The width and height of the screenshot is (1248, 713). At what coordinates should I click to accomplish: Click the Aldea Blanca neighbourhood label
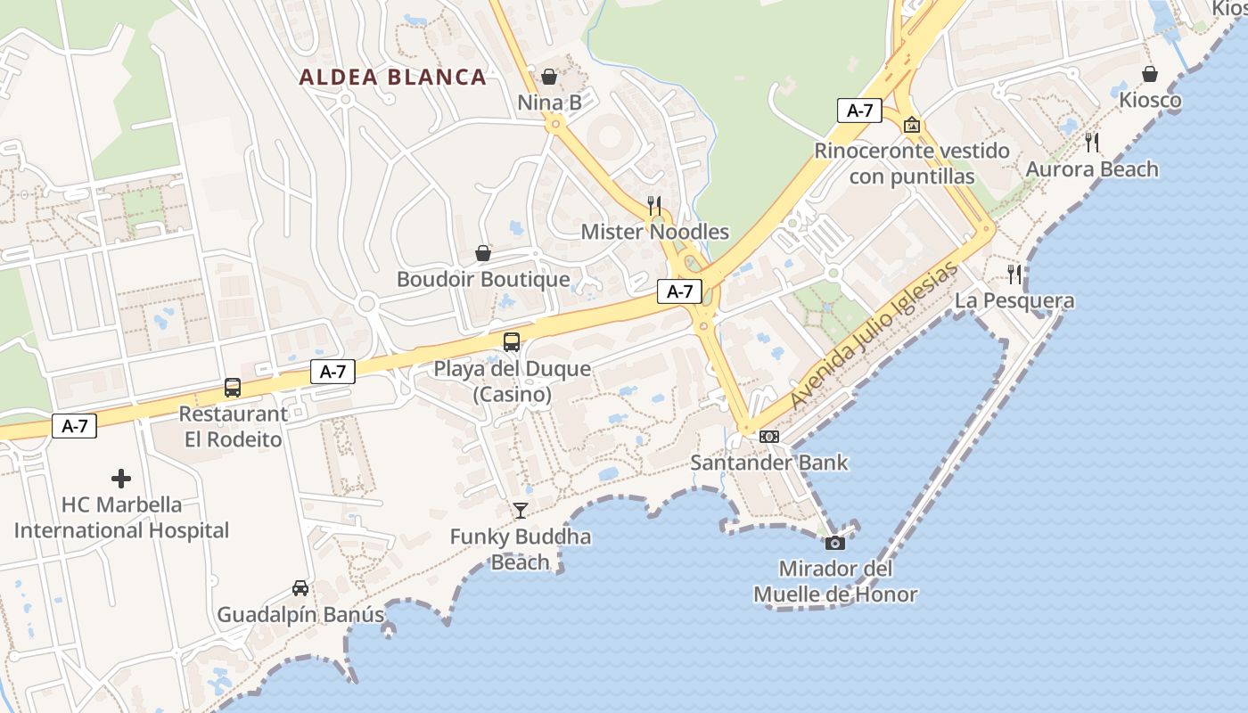[x=393, y=78]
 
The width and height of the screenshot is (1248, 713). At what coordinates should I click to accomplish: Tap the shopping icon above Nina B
[x=549, y=77]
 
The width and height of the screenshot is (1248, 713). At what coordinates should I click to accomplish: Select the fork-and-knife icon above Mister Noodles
[x=654, y=206]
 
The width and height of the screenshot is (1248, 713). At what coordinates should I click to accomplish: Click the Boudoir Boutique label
[x=483, y=280]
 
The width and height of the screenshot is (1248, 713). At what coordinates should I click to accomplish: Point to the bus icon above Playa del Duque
[x=512, y=342]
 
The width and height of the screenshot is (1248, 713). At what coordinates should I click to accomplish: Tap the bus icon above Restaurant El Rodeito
[x=233, y=388]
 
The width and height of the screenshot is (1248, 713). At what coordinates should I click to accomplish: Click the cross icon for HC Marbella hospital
[x=121, y=479]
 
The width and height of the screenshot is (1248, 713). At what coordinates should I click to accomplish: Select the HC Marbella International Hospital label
[x=121, y=518]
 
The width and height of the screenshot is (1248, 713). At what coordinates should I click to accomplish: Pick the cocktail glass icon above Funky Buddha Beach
[x=521, y=511]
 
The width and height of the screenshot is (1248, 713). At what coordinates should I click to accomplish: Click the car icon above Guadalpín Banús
[x=300, y=588]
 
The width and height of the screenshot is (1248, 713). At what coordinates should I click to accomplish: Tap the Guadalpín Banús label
[x=300, y=615]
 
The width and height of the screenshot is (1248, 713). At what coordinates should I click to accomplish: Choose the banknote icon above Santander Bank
[x=768, y=437]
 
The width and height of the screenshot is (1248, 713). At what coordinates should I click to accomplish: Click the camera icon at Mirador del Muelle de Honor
[x=835, y=543]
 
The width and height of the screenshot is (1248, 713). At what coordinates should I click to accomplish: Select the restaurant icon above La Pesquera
[x=1014, y=274]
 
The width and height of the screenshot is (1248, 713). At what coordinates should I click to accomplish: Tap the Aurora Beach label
[x=1092, y=169]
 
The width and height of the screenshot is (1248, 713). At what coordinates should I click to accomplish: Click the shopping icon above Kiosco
[x=1150, y=74]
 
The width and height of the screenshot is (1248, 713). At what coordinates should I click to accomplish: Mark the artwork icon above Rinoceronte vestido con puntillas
[x=911, y=125]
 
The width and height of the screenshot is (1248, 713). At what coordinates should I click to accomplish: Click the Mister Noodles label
[x=654, y=233]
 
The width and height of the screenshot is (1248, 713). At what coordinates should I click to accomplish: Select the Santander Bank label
[x=769, y=463]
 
